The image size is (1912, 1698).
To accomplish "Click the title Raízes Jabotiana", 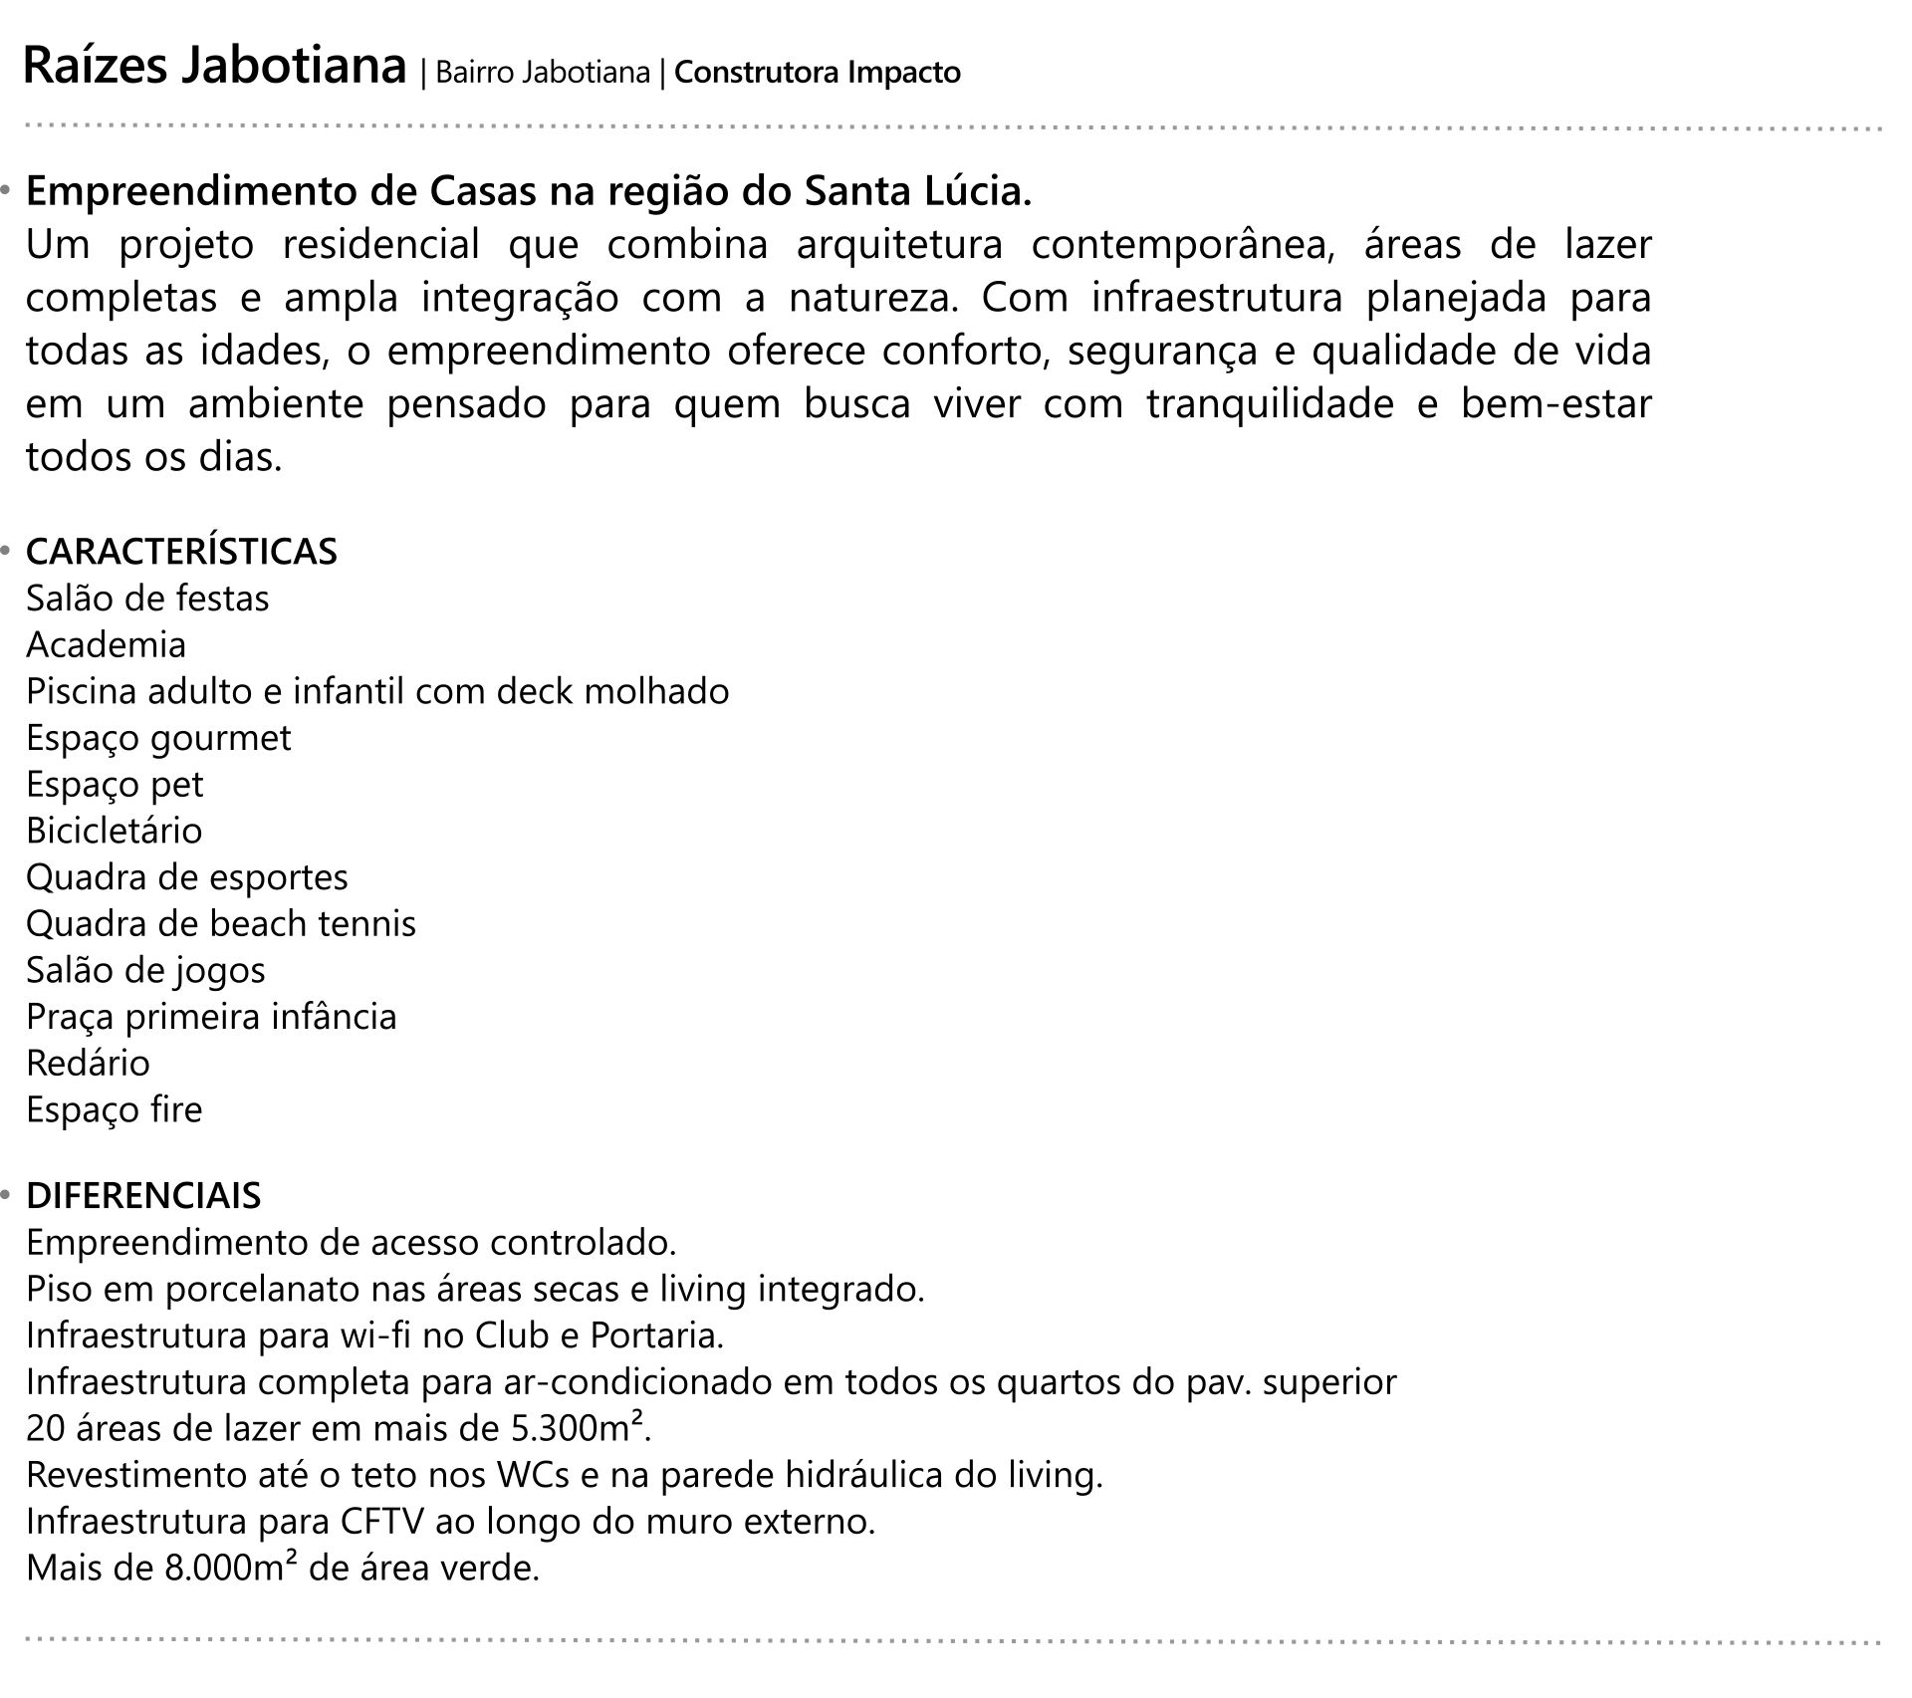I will (x=214, y=68).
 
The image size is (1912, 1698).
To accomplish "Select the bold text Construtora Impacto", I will (x=818, y=73).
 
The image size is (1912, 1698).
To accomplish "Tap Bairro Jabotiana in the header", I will (x=542, y=73).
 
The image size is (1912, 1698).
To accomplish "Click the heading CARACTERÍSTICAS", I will (x=181, y=551).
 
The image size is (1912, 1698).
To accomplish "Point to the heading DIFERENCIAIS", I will (x=143, y=1195).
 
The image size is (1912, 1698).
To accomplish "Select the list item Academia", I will (x=106, y=645).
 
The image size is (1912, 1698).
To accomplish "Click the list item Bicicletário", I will (x=114, y=831).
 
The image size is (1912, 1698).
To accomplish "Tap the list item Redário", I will (x=88, y=1064).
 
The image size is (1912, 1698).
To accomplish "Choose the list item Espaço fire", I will (x=114, y=1109).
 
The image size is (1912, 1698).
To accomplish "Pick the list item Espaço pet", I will (x=114, y=785).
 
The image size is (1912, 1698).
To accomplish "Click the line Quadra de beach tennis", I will (x=220, y=924).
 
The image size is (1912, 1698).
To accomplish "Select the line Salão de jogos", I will (x=145, y=970).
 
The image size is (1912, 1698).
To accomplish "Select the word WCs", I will (x=533, y=1475).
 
